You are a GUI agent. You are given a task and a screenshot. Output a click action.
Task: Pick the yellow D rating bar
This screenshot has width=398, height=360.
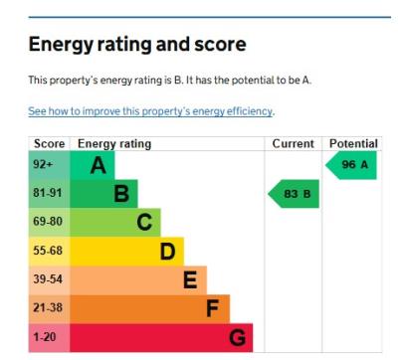(127, 251)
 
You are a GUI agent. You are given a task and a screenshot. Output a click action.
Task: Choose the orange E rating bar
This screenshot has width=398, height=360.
(138, 279)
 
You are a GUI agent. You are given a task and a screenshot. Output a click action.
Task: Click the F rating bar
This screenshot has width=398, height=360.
(150, 308)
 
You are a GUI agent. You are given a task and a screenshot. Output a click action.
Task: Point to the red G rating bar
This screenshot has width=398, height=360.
(161, 337)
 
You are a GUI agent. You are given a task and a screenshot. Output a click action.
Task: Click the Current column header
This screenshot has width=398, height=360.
(293, 144)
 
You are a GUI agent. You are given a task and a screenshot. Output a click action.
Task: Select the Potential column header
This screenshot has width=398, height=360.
(352, 144)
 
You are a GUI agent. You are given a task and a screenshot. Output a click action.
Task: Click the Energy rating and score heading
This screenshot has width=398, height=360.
(136, 46)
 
